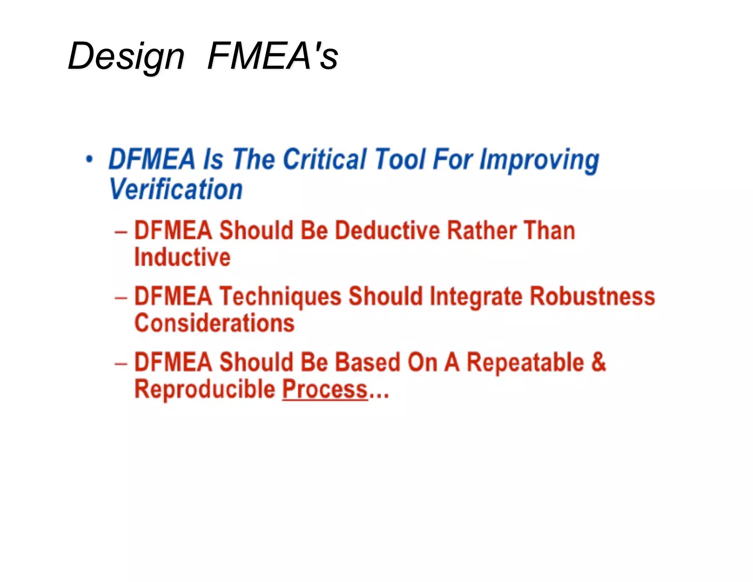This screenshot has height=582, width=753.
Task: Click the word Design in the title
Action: pos(126,57)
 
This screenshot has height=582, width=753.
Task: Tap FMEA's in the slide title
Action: pos(272,56)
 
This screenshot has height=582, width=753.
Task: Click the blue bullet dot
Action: pos(89,160)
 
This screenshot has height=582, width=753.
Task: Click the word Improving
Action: pos(539,160)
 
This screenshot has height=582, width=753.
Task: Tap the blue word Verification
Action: pos(176,189)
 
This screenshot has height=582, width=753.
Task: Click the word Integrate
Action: pos(476,297)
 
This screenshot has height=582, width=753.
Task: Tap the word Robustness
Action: pos(592,297)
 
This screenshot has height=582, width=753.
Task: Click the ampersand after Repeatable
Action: pos(599,362)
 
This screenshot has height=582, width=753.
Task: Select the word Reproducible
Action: pos(205,389)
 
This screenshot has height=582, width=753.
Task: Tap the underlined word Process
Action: pos(325,390)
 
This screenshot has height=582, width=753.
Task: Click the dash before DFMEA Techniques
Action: pos(121,297)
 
